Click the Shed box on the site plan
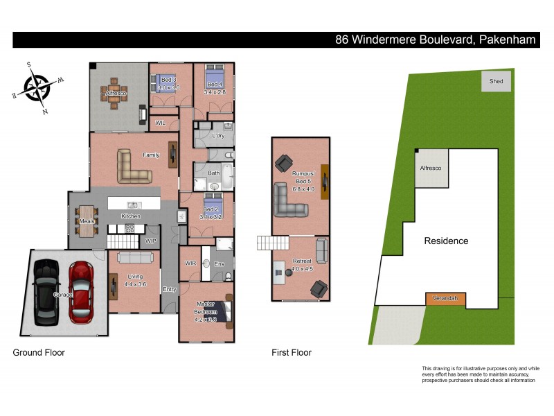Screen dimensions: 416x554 (x=496, y=81)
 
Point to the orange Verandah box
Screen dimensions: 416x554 (x=445, y=300)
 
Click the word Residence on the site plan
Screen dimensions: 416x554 (x=446, y=241)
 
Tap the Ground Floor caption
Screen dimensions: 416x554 (x=39, y=353)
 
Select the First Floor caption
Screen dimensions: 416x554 (x=292, y=353)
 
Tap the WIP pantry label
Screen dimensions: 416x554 (x=150, y=241)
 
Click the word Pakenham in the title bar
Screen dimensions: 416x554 (x=506, y=40)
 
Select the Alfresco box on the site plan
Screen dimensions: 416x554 (x=431, y=168)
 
